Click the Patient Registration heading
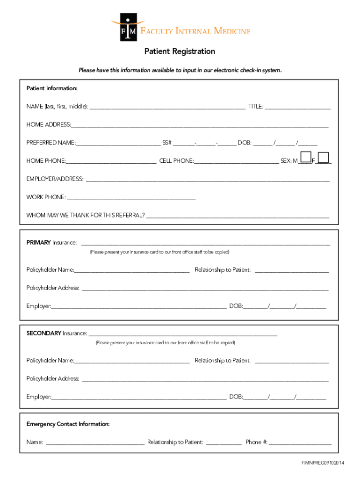[x=180, y=51]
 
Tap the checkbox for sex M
[x=306, y=157]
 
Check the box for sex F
[x=323, y=157]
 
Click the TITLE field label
[x=255, y=107]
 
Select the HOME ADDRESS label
[x=49, y=125]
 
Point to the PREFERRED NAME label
[x=50, y=143]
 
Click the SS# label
[x=167, y=143]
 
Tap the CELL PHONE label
[x=176, y=161]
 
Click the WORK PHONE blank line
[x=131, y=198]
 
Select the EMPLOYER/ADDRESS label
[x=55, y=179]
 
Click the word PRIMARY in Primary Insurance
[x=38, y=243]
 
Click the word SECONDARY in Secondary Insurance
[x=43, y=334]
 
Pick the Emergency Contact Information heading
[x=68, y=424]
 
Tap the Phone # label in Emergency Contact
[x=256, y=442]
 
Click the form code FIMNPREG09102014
[x=323, y=463]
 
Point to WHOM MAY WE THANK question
[x=86, y=216]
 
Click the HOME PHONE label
[x=46, y=161]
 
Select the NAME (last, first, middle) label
[x=57, y=107]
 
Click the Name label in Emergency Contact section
[x=35, y=442]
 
